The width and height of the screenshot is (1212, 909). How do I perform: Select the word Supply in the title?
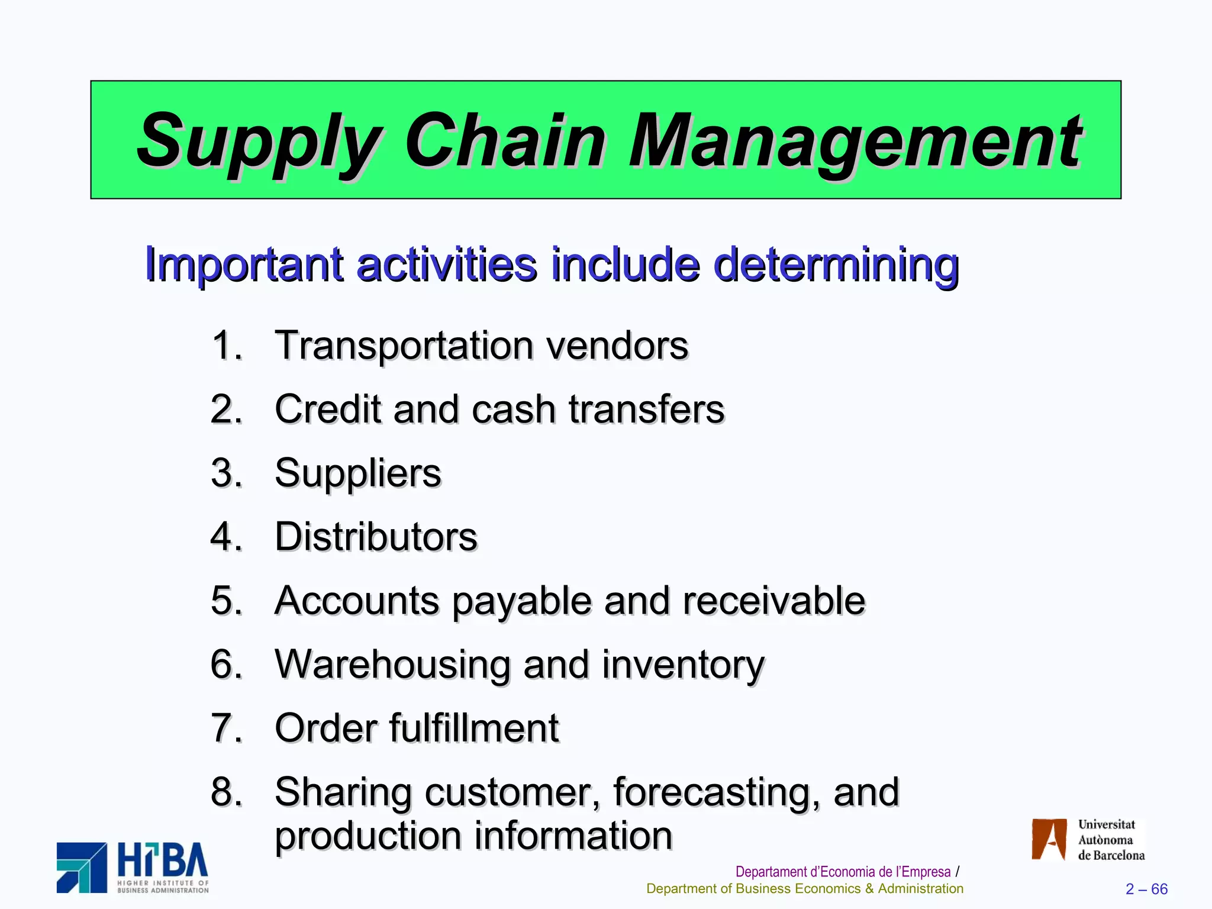coord(260,142)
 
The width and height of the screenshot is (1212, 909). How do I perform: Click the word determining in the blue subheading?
coord(836,264)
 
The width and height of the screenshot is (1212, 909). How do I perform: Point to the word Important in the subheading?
coord(244,265)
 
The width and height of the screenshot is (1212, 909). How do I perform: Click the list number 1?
coord(226,345)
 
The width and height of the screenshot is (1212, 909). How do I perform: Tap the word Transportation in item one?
coord(402,345)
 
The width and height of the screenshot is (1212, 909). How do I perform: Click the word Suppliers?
coord(358,473)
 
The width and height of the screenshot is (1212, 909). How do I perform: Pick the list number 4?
coord(226,537)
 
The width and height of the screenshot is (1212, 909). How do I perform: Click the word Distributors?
coord(376,537)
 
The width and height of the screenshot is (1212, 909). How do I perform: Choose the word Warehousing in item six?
coord(392,664)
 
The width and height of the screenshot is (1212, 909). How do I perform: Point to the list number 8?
coord(226,792)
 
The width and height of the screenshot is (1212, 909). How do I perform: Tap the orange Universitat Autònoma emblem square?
coord(1049,839)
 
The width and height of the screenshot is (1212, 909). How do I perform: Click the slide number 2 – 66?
coord(1146,889)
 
